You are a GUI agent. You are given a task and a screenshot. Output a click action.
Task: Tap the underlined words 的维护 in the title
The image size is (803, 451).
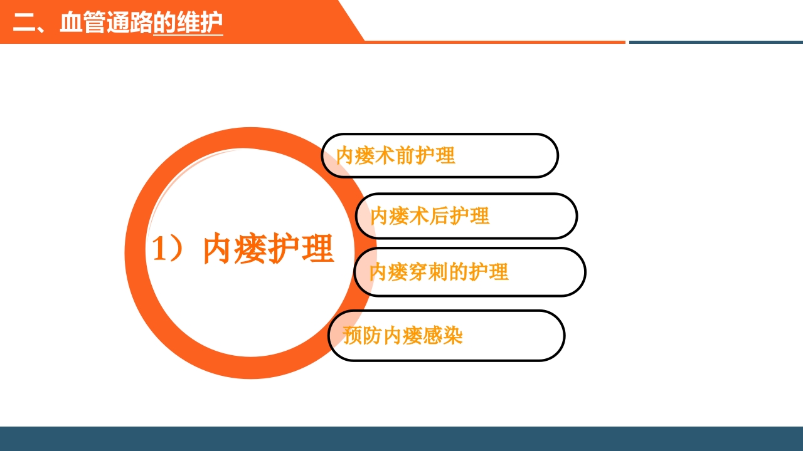[x=188, y=23]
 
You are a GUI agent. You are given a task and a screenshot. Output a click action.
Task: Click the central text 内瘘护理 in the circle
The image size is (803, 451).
[x=269, y=249]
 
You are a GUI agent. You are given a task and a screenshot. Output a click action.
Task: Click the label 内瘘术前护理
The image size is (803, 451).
[x=395, y=155]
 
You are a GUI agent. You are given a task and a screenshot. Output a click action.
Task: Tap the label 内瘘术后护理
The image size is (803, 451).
[x=430, y=216]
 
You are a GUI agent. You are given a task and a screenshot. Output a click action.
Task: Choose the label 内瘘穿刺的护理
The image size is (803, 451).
[x=439, y=272]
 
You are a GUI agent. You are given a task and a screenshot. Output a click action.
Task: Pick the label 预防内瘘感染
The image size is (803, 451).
[x=403, y=336]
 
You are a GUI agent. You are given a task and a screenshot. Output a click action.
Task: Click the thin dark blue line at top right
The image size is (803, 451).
[x=715, y=42]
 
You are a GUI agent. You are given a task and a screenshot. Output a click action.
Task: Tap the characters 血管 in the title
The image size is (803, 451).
[x=83, y=23]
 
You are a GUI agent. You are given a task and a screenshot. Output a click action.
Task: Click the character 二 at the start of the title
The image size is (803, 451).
[x=23, y=23]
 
